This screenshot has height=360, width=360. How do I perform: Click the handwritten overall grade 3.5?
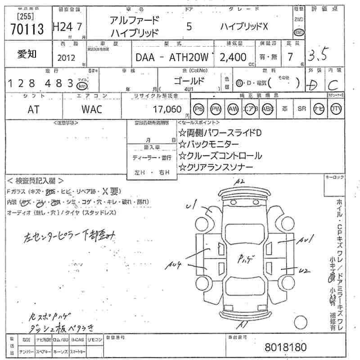tap(319, 55)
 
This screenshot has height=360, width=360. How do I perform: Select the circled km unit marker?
tap(81, 85)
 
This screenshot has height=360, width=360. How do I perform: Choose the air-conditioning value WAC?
tap(92, 109)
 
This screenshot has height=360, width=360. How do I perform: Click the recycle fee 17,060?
tap(166, 109)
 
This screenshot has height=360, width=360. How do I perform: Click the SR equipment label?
tap(301, 109)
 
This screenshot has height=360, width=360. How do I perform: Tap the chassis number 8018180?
tap(286, 347)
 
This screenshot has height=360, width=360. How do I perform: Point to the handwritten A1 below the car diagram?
tap(243, 324)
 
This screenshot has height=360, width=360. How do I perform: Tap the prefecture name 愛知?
tap(27, 54)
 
